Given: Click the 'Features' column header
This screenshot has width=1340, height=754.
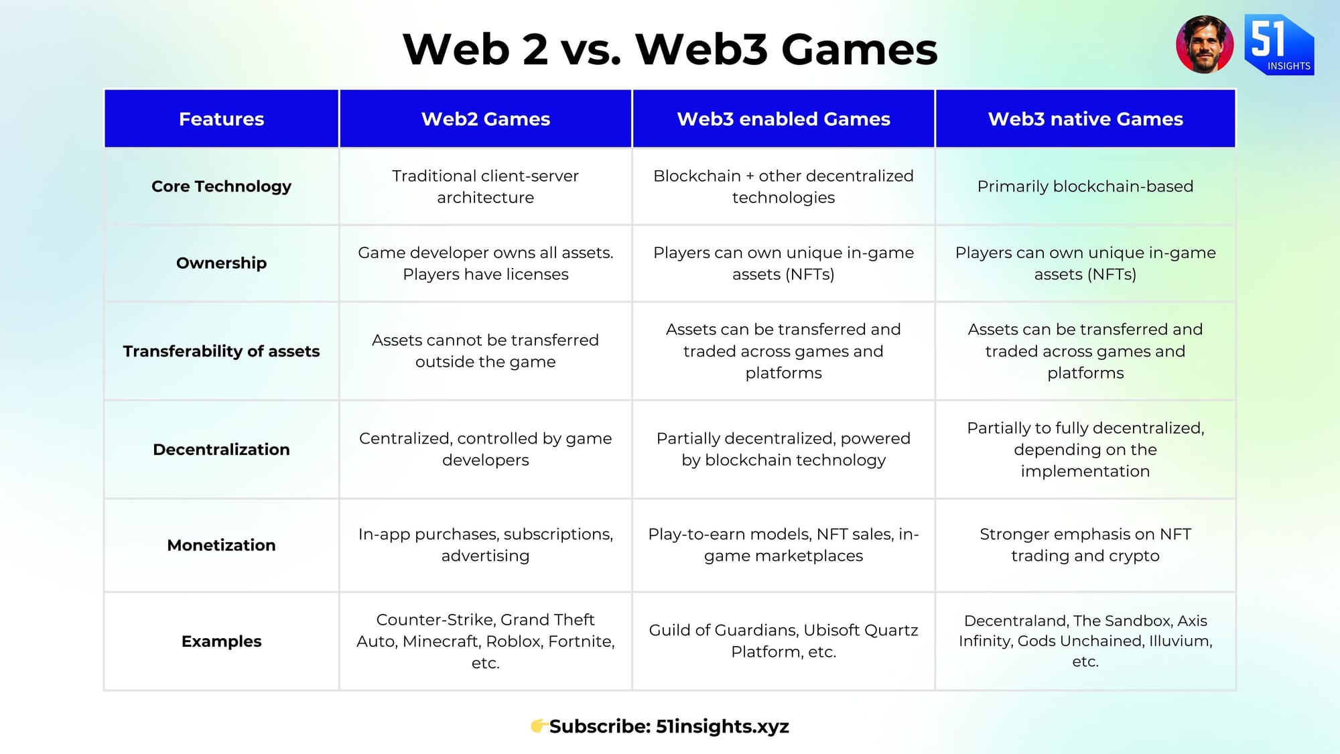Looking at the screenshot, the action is coord(221,119).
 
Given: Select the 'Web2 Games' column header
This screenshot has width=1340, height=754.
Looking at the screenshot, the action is coord(486,119).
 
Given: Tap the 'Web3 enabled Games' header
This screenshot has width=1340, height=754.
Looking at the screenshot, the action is coord(783,119).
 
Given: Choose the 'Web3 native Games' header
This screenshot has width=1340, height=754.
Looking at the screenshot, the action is coord(1085,119).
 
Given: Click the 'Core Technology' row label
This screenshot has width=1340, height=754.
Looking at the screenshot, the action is coord(221,186).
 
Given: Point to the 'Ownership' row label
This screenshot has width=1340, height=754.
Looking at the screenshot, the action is coord(221,263).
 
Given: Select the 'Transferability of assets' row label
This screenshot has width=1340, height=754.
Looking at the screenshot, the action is coord(221,351).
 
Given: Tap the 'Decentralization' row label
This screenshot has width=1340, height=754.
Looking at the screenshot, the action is coord(221,449).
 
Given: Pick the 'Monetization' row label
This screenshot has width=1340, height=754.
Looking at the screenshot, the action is coord(221,545).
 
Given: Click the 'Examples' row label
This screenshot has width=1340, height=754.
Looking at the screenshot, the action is coord(221,641).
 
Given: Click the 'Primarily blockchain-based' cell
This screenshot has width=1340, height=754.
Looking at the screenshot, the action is coord(1085,186).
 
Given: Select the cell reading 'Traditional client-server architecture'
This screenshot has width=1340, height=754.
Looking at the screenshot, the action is coord(486,186).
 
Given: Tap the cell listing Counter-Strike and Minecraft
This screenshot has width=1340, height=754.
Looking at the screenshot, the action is coord(486,641).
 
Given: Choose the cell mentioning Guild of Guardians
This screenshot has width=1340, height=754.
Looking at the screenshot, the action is coord(783,641).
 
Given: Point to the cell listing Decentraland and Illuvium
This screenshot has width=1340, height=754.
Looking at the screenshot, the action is coord(1085,641).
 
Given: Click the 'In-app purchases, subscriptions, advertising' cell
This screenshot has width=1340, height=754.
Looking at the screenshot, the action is coord(486,545).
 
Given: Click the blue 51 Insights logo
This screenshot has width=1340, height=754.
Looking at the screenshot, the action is coord(1279,44).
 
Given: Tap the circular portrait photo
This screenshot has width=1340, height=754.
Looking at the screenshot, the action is coord(1205,44).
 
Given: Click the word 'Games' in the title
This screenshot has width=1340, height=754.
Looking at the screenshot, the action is coord(860,50).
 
